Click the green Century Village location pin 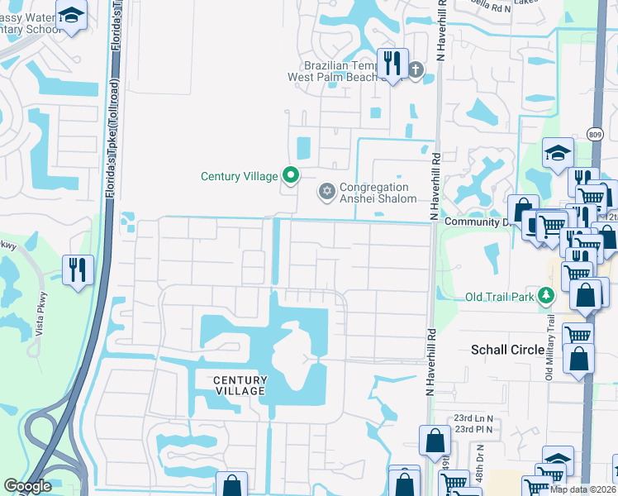pyautogui.click(x=290, y=175)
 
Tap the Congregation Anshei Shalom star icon pyautogui.click(x=327, y=193)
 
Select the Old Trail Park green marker pyautogui.click(x=545, y=295)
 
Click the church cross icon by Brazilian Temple pyautogui.click(x=415, y=69)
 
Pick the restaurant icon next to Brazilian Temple pyautogui.click(x=392, y=63)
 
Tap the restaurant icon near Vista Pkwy pyautogui.click(x=78, y=269)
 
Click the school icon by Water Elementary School pyautogui.click(x=72, y=15)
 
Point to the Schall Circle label pyautogui.click(x=506, y=350)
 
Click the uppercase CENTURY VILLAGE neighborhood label pyautogui.click(x=240, y=385)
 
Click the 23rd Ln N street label pyautogui.click(x=473, y=417)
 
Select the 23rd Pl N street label pyautogui.click(x=473, y=429)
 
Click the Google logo pyautogui.click(x=28, y=486)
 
